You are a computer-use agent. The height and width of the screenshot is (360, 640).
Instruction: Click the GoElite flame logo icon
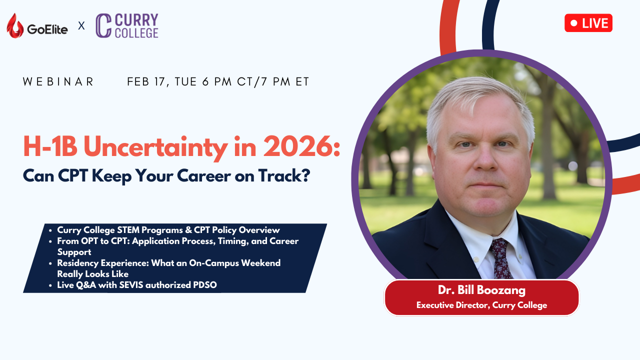point(15,25)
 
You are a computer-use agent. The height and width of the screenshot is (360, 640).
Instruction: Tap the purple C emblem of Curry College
point(103,25)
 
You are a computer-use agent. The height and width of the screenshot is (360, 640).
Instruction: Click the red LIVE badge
point(588,23)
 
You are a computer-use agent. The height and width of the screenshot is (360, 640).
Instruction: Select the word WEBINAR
point(58,81)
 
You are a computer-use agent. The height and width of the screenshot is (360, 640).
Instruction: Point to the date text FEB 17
point(146,81)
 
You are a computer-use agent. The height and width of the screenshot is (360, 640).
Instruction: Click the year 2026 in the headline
point(301,146)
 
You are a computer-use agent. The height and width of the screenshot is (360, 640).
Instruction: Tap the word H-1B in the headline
point(50,146)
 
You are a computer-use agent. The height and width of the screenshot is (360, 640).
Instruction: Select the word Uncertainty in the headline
point(155,147)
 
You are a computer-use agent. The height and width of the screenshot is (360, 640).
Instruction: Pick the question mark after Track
point(305,175)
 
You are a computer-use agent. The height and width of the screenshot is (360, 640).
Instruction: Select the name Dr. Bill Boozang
point(481,290)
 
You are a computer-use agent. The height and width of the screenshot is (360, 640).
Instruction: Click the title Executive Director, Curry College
point(481,305)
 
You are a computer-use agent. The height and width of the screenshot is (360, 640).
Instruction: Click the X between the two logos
point(81,26)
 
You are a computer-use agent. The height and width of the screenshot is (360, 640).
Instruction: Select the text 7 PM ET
point(285,81)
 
